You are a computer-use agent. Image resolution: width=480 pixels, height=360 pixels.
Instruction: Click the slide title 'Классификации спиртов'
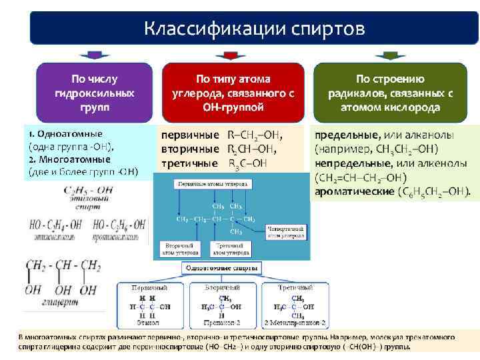(255, 29)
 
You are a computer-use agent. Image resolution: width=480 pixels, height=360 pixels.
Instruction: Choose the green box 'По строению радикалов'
(390, 91)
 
